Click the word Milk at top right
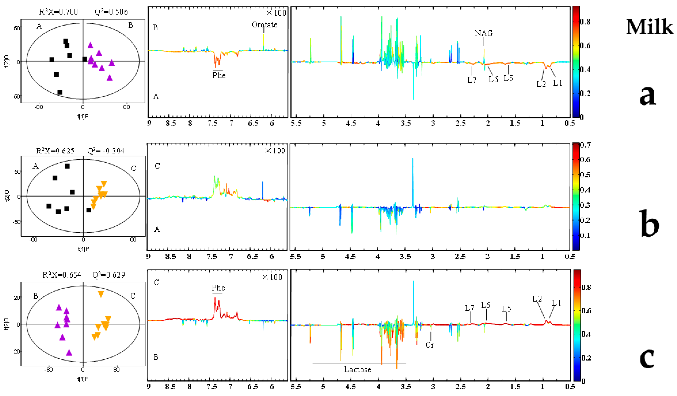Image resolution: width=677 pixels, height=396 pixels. pyautogui.click(x=649, y=27)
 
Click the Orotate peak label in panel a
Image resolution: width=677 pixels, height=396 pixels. pyautogui.click(x=264, y=25)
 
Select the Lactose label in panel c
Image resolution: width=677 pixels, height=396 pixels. pyautogui.click(x=357, y=369)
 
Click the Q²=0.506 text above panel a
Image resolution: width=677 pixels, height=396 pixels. pyautogui.click(x=111, y=12)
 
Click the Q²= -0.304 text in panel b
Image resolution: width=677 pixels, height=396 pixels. pyautogui.click(x=106, y=151)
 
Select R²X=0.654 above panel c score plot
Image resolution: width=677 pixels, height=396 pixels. pyautogui.click(x=62, y=275)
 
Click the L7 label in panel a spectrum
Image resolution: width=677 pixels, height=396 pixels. pyautogui.click(x=472, y=80)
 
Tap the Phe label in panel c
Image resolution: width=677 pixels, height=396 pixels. pyautogui.click(x=218, y=288)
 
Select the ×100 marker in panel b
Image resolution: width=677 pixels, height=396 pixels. pyautogui.click(x=275, y=151)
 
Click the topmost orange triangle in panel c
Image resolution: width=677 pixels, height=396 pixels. pyautogui.click(x=101, y=294)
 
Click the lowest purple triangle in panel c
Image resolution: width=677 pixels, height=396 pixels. pyautogui.click(x=69, y=353)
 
